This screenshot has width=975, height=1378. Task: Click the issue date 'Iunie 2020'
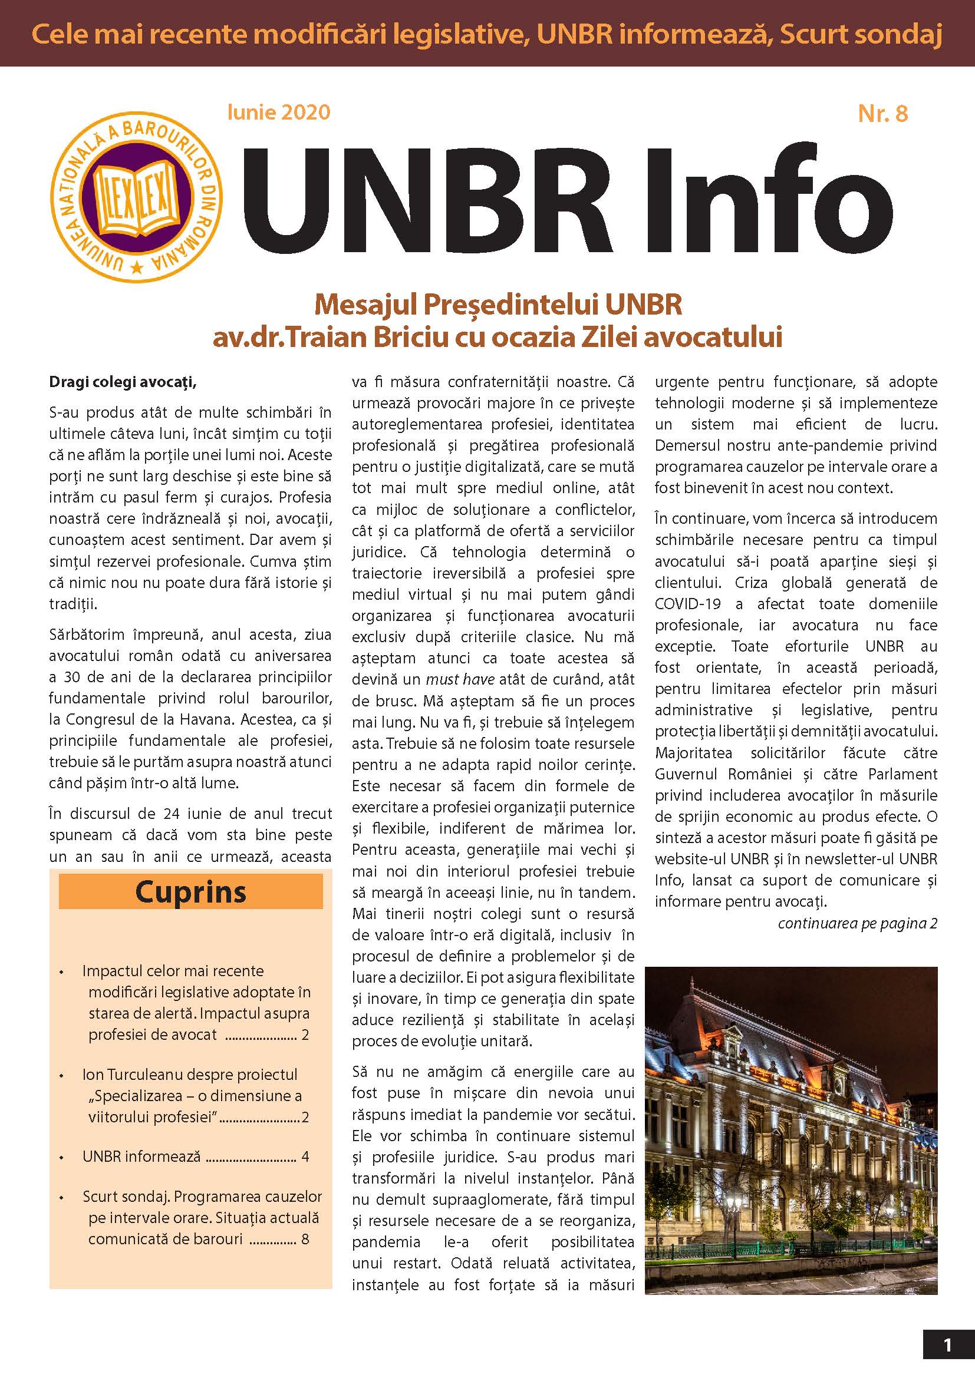click(279, 113)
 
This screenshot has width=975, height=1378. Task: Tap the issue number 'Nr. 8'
click(882, 114)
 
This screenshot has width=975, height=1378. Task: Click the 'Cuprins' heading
click(190, 892)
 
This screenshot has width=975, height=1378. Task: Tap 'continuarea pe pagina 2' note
click(857, 923)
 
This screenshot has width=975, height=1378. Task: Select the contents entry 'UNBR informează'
click(141, 1156)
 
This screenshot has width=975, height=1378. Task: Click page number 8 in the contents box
click(305, 1240)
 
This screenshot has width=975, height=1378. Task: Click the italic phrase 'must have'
click(460, 679)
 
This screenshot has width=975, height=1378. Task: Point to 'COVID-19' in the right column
click(688, 604)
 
